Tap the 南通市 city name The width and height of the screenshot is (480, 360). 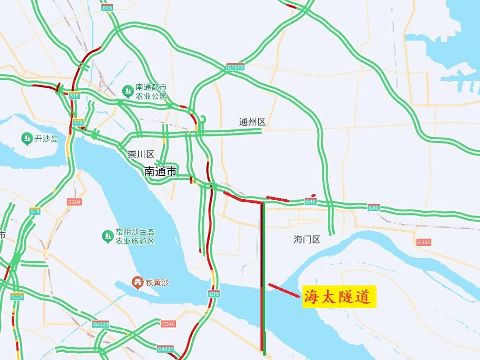[x=161, y=171]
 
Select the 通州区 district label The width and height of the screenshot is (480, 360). [x=253, y=122]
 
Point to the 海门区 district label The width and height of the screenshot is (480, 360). [x=307, y=240]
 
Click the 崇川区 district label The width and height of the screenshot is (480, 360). [x=141, y=155]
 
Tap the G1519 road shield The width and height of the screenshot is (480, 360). [x=236, y=67]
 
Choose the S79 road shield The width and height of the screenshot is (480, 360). [x=78, y=122]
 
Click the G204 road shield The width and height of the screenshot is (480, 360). [x=75, y=202]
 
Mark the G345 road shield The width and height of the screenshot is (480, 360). [x=423, y=242]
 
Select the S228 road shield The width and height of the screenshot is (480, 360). [x=17, y=297]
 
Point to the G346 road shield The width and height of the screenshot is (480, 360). [x=168, y=324]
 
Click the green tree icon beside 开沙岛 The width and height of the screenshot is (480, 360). [x=27, y=139]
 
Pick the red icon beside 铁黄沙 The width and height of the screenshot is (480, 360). [x=138, y=283]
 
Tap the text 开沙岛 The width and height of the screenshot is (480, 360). [x=46, y=139]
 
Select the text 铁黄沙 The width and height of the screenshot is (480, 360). [x=158, y=283]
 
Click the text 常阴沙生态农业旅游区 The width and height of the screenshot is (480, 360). [x=135, y=236]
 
